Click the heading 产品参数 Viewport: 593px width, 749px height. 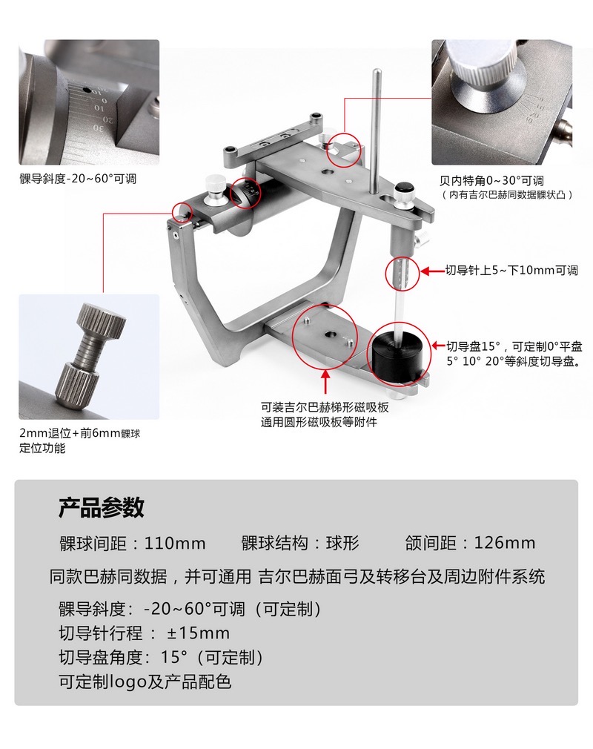[102, 507]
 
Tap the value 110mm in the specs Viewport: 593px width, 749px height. [175, 543]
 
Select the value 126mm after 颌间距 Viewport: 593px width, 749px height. [505, 543]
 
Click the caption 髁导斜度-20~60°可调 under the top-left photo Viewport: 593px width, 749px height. [78, 179]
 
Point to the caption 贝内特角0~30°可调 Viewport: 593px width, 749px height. [491, 180]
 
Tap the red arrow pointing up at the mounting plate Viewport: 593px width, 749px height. [325, 380]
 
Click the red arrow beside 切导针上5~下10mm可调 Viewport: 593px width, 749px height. [432, 271]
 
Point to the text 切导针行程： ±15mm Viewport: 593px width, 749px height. [145, 633]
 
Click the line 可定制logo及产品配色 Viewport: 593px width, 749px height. [145, 682]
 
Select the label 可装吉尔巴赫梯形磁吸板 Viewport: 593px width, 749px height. [325, 407]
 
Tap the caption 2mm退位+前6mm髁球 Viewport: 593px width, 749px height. [80, 433]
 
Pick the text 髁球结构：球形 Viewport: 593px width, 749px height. [300, 543]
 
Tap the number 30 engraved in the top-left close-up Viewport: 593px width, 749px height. [97, 128]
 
